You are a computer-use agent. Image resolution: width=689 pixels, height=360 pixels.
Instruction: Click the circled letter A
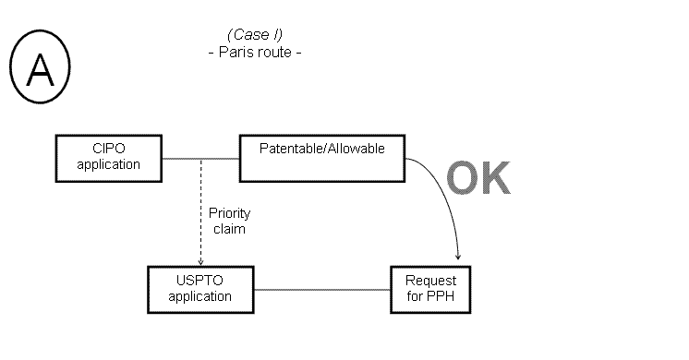click(x=40, y=71)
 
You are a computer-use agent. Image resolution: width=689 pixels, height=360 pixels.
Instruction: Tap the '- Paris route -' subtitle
click(x=255, y=52)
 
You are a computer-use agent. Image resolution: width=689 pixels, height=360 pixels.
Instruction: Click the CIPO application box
click(x=109, y=157)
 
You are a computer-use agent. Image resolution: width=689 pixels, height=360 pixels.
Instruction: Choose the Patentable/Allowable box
click(x=321, y=157)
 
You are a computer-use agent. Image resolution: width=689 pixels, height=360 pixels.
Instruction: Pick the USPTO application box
click(x=200, y=290)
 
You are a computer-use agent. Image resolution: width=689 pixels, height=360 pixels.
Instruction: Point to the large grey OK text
click(x=477, y=180)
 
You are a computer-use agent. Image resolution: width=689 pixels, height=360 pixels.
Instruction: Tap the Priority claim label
click(x=229, y=221)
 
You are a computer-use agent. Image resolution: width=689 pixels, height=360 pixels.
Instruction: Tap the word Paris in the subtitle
click(x=236, y=52)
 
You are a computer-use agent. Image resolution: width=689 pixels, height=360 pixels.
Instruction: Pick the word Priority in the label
click(x=229, y=213)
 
